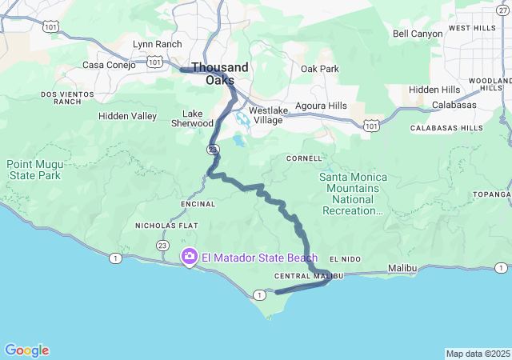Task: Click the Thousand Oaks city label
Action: pos(219,74)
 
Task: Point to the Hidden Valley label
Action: pos(127,116)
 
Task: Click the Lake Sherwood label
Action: pos(192,118)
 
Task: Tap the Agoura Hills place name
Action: pos(321,106)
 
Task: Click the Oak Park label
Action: pos(319,69)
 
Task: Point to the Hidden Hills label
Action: pos(434,90)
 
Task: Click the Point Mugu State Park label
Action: pos(34,169)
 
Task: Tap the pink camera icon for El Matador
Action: pos(190,257)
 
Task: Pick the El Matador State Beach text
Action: pos(259,258)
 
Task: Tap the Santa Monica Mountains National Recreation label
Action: pos(353,194)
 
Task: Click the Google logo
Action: pos(26,350)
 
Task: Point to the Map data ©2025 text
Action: pos(477,354)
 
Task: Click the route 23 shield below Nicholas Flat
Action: pos(162,246)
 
